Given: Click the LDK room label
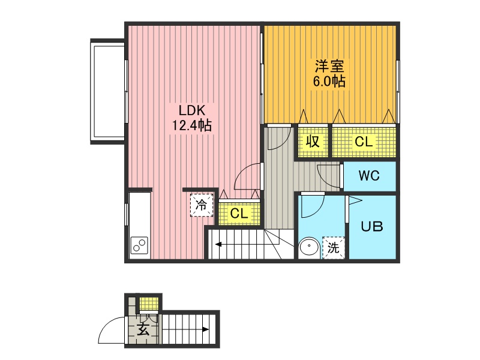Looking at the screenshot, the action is tap(191, 110).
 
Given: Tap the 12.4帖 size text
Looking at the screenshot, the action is tap(191, 125).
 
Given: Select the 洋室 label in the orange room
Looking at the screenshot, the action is tap(329, 66).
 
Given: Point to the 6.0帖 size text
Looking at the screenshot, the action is tap(329, 81).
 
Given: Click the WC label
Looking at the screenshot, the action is tap(369, 176).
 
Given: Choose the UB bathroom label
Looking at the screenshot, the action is tap(371, 227).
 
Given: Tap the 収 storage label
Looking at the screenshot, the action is tap(312, 142).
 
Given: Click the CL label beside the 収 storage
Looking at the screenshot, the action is tap(364, 142).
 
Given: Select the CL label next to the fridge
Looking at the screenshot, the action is tap(239, 213).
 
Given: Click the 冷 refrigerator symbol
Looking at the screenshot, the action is tap(202, 205).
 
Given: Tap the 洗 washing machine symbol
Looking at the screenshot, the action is tap(333, 247).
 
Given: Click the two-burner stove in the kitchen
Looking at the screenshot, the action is tap(139, 245).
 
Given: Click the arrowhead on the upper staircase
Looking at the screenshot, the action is tap(218, 244).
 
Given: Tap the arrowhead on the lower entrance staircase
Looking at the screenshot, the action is tap(206, 329).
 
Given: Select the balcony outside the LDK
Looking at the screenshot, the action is tap(108, 91).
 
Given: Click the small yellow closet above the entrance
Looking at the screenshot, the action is tap(149, 304).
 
